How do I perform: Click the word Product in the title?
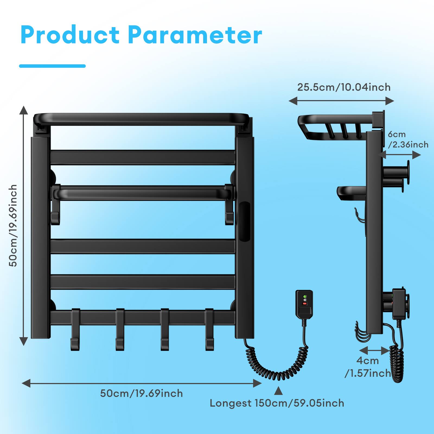[x=70, y=35]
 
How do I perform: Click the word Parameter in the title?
[x=195, y=35]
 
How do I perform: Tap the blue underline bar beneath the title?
[x=52, y=66]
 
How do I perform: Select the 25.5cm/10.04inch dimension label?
[x=344, y=87]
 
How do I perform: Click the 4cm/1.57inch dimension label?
[x=368, y=367]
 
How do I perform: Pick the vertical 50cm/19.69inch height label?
[x=13, y=225]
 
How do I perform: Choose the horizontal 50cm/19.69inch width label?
[x=141, y=393]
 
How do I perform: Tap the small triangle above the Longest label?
[x=278, y=391]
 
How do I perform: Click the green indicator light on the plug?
[x=305, y=296]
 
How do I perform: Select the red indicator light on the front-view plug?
[x=305, y=304]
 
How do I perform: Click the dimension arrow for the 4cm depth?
[x=374, y=351]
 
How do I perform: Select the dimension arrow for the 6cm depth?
[x=400, y=155]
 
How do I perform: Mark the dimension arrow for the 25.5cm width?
[x=341, y=101]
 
